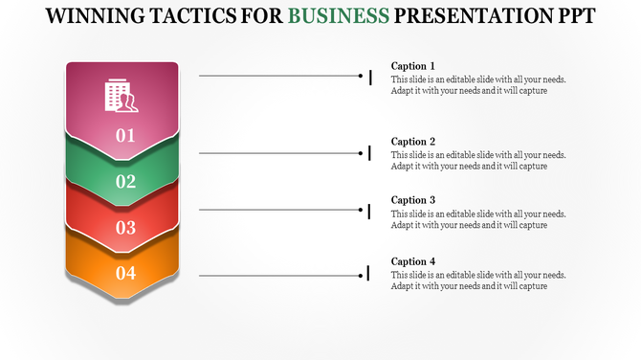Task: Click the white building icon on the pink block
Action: [122, 97]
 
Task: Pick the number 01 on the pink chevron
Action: [125, 136]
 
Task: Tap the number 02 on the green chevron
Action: [125, 182]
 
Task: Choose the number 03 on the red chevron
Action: [125, 228]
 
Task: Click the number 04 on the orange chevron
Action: [125, 274]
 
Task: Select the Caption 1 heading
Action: [413, 66]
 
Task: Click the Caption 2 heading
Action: [413, 142]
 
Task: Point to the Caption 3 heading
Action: [413, 200]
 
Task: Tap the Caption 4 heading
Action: [413, 261]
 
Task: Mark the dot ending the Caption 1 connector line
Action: [361, 75]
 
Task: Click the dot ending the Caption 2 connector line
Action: [361, 152]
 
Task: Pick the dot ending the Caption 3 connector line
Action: [361, 210]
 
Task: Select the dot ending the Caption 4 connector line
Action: [361, 275]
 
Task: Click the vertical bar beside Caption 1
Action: [370, 76]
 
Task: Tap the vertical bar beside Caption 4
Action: [369, 275]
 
